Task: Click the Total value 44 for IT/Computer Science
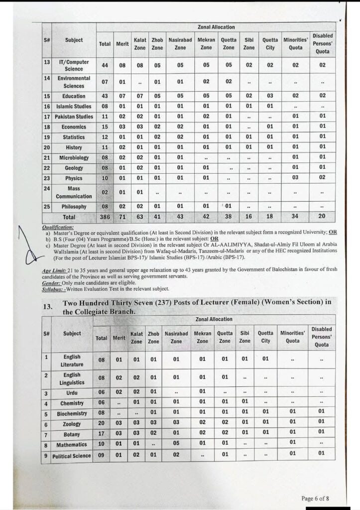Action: pos(105,65)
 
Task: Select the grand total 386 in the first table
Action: pos(105,217)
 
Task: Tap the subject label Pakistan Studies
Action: pos(74,117)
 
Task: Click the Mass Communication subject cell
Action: pos(74,192)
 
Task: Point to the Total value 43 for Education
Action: pos(105,96)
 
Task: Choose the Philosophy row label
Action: pos(74,207)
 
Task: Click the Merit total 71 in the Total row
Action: pos(122,217)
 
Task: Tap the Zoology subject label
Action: pos(72,424)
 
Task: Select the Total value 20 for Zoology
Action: pos(102,424)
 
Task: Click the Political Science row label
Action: pos(72,456)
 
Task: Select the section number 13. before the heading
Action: pos(48,307)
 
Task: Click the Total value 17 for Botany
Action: pos(102,434)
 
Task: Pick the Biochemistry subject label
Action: pos(72,413)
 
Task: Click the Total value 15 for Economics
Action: pos(105,127)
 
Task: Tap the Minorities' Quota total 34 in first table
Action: pos(296,217)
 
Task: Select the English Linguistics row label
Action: pos(72,379)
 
